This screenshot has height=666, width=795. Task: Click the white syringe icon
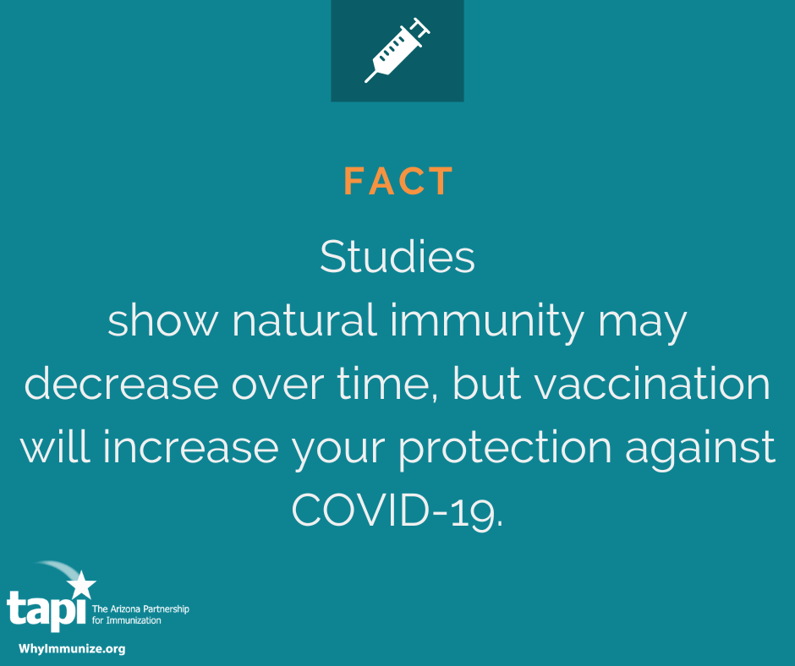tap(397, 50)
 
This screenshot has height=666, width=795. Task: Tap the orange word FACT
tap(398, 181)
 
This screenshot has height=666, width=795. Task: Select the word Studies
tap(397, 256)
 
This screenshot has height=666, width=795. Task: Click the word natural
tap(304, 320)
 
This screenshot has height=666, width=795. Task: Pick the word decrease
tap(121, 384)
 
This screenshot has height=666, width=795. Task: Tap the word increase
tap(190, 447)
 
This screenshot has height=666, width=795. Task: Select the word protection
tap(505, 450)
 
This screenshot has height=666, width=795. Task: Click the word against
tap(700, 450)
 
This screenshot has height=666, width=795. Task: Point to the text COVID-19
tap(397, 510)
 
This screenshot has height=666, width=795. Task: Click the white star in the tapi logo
tap(81, 584)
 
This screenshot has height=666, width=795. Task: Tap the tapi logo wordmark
tap(47, 610)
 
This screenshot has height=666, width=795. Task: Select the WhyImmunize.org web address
tap(72, 649)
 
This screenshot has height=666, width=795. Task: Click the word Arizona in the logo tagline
tap(124, 609)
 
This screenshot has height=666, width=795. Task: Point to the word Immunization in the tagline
tap(134, 620)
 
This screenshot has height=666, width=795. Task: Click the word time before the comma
tap(387, 384)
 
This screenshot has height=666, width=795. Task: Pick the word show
tap(162, 320)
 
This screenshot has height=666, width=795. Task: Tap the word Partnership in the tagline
tap(165, 609)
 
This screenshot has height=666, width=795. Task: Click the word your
tap(338, 450)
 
